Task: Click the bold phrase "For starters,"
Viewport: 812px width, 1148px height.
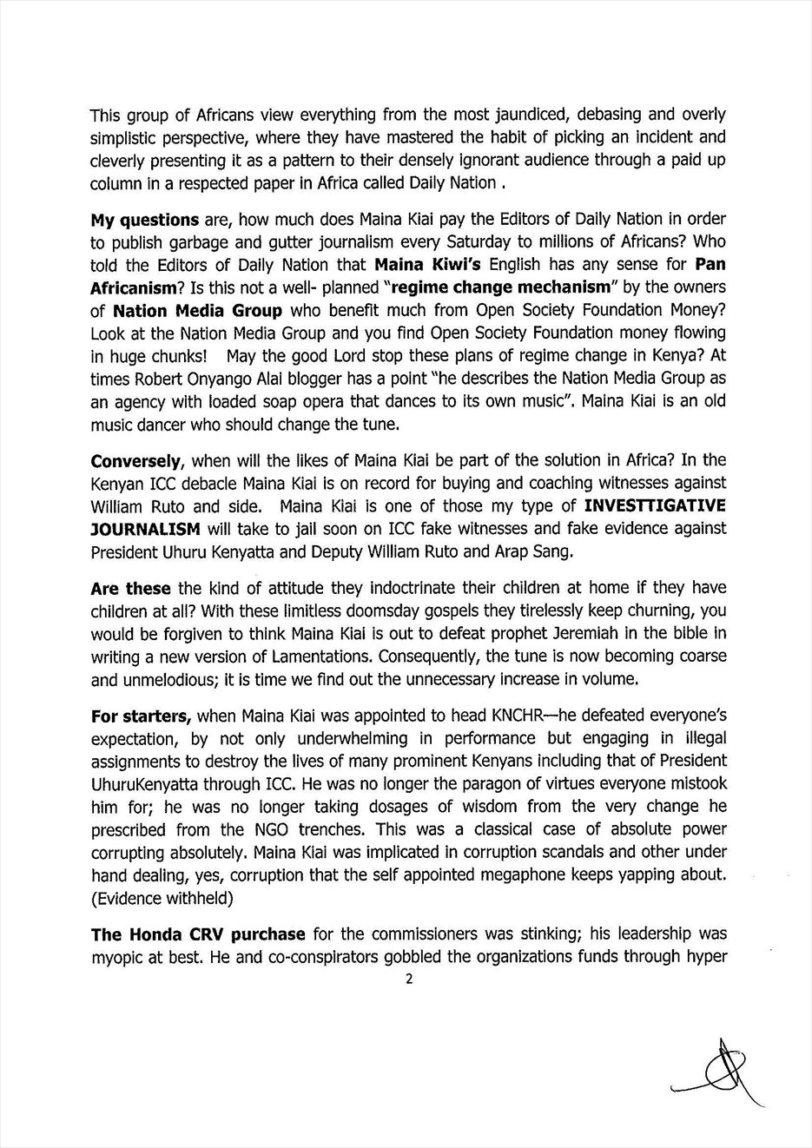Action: tap(141, 716)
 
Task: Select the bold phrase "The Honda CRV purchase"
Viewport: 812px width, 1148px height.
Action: tap(198, 934)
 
